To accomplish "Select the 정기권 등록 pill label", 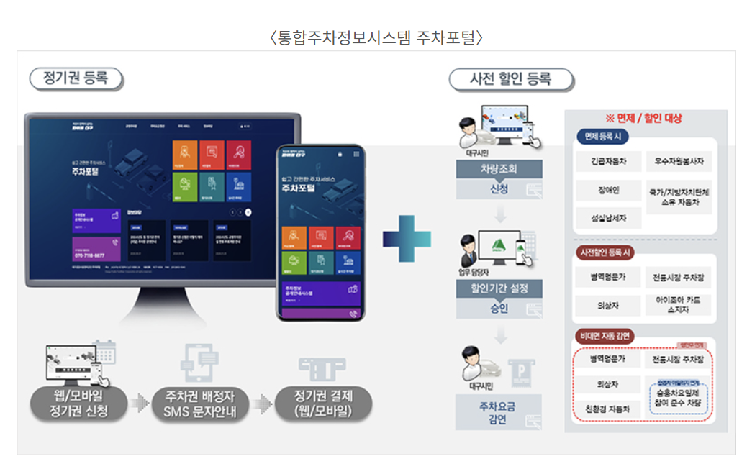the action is coord(76,78).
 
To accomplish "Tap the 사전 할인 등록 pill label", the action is coord(510,79).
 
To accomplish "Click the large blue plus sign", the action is coord(407,235).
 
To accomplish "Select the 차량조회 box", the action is coord(499,170).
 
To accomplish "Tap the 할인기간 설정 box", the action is coord(499,289).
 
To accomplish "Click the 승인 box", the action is coord(499,309).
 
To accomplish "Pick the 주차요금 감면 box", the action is coord(499,412).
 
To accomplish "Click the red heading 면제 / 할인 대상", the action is coord(643,118).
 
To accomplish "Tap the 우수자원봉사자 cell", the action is coord(678,162).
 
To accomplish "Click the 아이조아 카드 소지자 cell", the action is coord(678,305).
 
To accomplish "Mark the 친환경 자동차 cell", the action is coord(609,409).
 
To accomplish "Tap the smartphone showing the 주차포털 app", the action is coord(321,232).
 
